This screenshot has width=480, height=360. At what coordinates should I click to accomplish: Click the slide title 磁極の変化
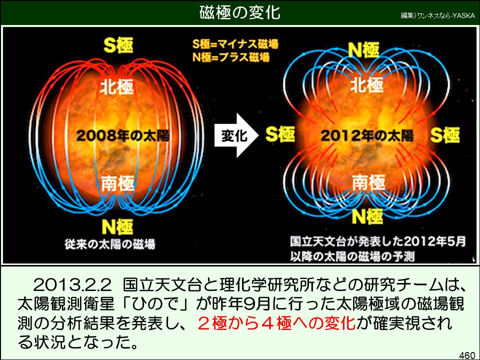point(239,12)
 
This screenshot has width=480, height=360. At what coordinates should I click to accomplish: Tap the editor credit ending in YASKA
point(438,15)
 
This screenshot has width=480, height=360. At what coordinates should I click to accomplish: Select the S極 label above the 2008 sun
point(118,45)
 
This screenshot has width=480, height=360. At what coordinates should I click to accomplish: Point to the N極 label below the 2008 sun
point(117,227)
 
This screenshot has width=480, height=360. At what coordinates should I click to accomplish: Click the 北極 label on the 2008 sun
point(117,86)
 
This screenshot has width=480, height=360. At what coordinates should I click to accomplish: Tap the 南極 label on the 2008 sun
point(118,183)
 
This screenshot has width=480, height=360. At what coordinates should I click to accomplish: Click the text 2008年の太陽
point(122,135)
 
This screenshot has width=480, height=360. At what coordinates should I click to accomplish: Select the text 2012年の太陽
point(366,135)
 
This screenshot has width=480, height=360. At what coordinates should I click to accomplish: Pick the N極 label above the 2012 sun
point(364,49)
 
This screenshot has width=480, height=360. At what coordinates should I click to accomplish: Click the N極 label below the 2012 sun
point(367,216)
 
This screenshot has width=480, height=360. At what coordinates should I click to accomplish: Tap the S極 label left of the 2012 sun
point(280,134)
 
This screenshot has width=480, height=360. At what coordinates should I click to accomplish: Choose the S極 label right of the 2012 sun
point(445,135)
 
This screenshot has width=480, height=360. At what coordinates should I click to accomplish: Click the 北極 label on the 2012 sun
point(366,85)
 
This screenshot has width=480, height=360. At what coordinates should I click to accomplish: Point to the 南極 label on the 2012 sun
point(368,182)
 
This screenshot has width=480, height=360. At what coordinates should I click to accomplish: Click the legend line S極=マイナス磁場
point(235,44)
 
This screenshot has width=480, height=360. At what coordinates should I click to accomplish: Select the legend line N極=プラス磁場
point(231,57)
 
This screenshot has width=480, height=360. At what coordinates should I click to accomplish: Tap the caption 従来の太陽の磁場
point(110,244)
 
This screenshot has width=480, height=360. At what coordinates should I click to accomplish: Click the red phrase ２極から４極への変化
point(276,323)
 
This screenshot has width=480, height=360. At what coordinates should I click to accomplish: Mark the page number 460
point(467,355)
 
